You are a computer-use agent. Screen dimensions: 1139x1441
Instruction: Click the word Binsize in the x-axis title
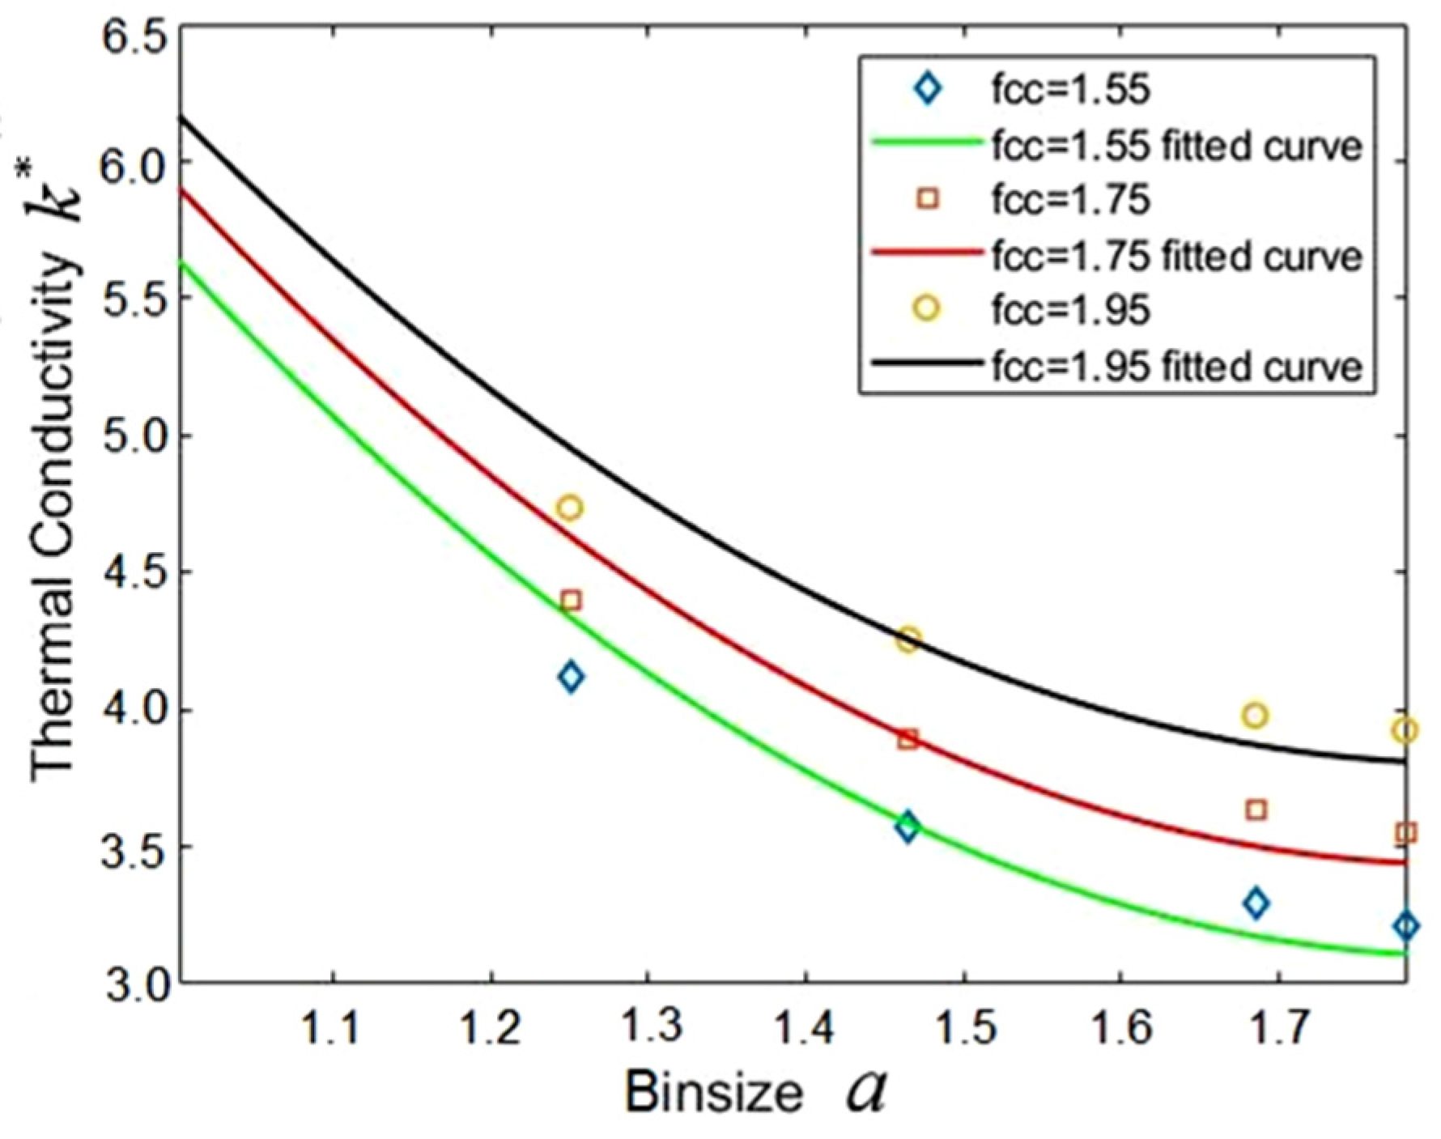[x=713, y=1092]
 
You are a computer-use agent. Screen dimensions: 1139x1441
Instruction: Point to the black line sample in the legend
[x=926, y=366]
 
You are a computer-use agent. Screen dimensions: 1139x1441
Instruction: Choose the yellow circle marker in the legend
[x=928, y=308]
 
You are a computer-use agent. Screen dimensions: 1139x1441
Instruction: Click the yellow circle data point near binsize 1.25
[x=570, y=508]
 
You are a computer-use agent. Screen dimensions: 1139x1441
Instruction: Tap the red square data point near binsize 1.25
[x=571, y=601]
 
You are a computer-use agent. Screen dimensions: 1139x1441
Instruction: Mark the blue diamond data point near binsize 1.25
[x=571, y=676]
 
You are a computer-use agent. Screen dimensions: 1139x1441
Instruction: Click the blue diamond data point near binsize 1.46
[x=908, y=827]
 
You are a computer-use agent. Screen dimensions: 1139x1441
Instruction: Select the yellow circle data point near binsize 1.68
[x=1255, y=716]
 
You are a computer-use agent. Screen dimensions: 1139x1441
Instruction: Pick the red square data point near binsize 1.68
[x=1256, y=810]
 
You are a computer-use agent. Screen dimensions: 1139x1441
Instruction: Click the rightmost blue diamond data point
[x=1406, y=926]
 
